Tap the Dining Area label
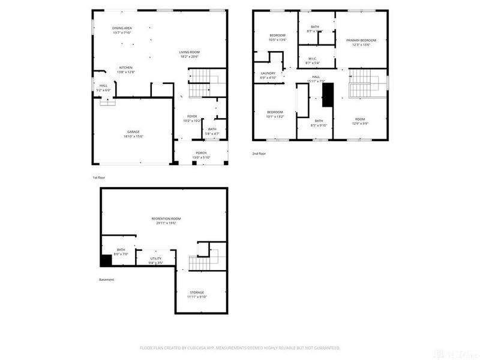pyautogui.click(x=122, y=28)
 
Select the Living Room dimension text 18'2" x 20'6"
pyautogui.click(x=189, y=57)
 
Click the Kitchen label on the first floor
pyautogui.click(x=125, y=67)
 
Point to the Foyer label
pyautogui.click(x=191, y=116)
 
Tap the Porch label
pyautogui.click(x=200, y=153)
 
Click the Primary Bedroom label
pyautogui.click(x=361, y=40)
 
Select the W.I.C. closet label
pyautogui.click(x=313, y=58)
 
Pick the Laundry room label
pyautogui.click(x=268, y=73)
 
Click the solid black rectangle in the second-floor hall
pyautogui.click(x=328, y=94)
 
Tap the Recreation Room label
pyautogui.click(x=166, y=218)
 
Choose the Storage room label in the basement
pyautogui.click(x=197, y=292)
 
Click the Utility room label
pyautogui.click(x=155, y=259)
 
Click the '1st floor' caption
pyautogui.click(x=99, y=178)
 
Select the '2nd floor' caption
pyautogui.click(x=259, y=154)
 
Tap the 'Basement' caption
pyautogui.click(x=106, y=280)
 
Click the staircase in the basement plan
pyautogui.click(x=199, y=262)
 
